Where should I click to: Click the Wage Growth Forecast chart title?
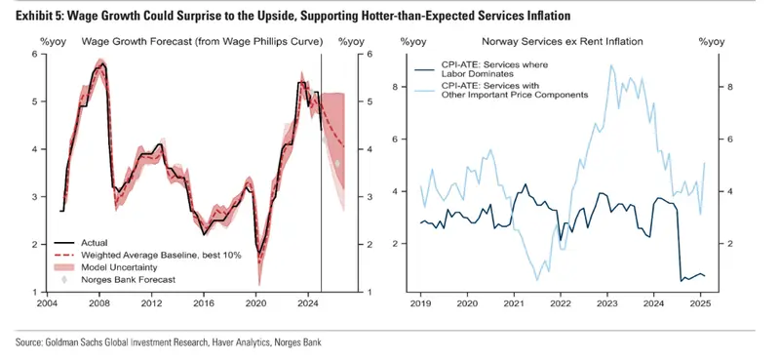(x=203, y=42)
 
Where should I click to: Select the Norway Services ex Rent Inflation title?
(x=562, y=42)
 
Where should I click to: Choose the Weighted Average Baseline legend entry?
(x=147, y=255)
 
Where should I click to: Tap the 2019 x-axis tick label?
(x=420, y=302)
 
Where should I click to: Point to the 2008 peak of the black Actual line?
(x=102, y=63)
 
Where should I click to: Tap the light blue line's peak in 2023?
(x=610, y=65)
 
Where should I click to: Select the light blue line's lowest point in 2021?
(x=537, y=280)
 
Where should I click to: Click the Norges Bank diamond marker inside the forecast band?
(x=337, y=163)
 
